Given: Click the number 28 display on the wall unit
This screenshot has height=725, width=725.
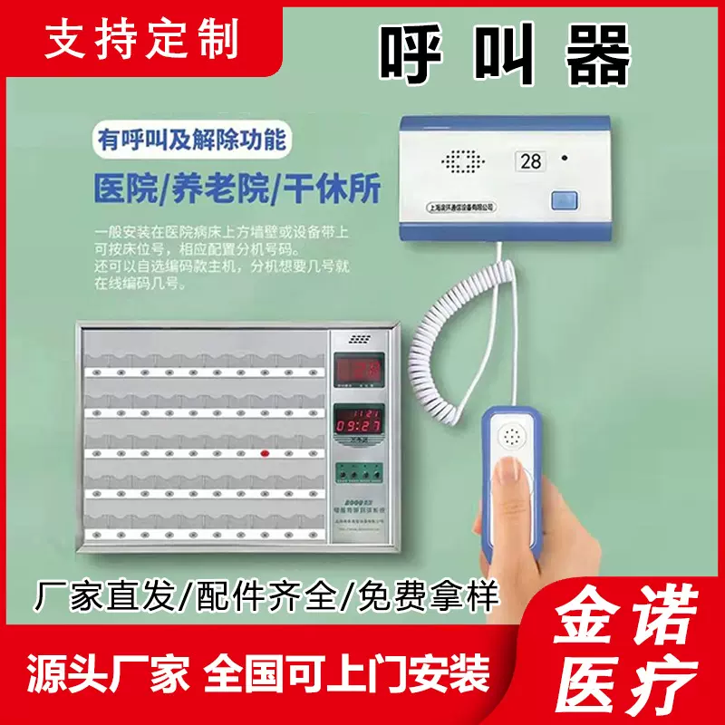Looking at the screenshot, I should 530,161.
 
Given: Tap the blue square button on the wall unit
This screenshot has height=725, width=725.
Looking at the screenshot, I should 565,199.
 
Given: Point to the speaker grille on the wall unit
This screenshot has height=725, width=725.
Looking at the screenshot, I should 465,163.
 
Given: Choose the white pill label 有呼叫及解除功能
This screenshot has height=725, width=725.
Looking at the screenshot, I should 192,140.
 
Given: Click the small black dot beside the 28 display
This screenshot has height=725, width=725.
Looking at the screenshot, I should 565,159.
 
